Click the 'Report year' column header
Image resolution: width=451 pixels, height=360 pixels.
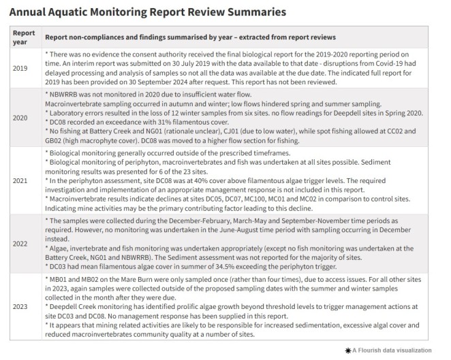24,36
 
